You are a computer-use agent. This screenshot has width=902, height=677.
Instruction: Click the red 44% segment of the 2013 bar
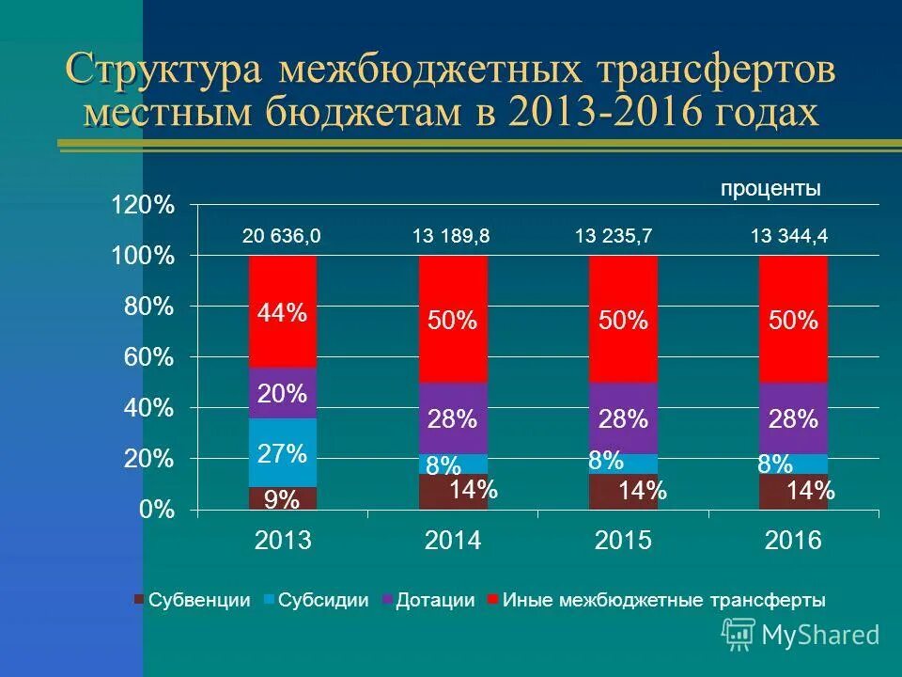282,311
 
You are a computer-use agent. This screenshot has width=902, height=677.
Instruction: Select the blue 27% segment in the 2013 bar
282,453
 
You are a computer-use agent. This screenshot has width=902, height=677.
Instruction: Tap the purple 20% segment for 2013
282,393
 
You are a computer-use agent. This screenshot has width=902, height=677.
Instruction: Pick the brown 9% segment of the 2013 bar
282,499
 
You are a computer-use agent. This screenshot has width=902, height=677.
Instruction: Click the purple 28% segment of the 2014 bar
453,418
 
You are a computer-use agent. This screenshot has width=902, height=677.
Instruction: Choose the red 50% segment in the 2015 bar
623,320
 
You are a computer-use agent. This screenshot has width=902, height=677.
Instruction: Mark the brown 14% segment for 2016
793,492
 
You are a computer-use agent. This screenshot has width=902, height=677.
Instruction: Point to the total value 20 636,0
282,237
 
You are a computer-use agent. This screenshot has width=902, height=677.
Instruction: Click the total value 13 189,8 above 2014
451,237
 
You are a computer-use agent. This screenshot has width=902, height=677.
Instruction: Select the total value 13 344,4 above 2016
789,237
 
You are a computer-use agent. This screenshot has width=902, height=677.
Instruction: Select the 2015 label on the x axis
623,541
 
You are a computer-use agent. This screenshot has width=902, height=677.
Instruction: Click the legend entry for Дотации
435,600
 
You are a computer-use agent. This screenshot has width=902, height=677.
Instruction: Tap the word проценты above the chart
770,189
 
